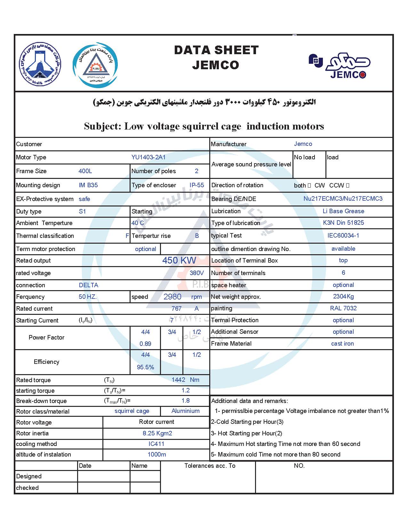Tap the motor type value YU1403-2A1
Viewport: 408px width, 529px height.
[x=148, y=157]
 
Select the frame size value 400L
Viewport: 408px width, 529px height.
[x=85, y=171]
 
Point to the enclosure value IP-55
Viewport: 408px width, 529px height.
[x=196, y=185]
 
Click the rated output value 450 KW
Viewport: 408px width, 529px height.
[x=179, y=260]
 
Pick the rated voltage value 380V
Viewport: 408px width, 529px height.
[x=196, y=273]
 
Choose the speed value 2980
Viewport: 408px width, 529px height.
[x=172, y=297]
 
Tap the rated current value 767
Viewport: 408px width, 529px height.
[x=176, y=308]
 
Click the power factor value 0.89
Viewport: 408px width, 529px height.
[x=145, y=344]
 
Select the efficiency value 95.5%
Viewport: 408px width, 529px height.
[x=145, y=367]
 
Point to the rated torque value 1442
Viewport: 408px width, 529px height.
[x=178, y=380]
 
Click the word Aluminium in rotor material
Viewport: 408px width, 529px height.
[x=185, y=411]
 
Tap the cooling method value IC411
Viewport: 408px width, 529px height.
[x=156, y=444]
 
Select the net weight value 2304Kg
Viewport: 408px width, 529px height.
[x=343, y=296]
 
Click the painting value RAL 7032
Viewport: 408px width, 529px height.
[x=343, y=308]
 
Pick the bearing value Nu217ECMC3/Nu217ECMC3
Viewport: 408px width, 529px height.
[x=343, y=198]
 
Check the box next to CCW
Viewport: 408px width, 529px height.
[x=348, y=185]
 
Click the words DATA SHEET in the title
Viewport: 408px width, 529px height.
[x=216, y=50]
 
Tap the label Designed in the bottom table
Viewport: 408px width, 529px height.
[x=29, y=476]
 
